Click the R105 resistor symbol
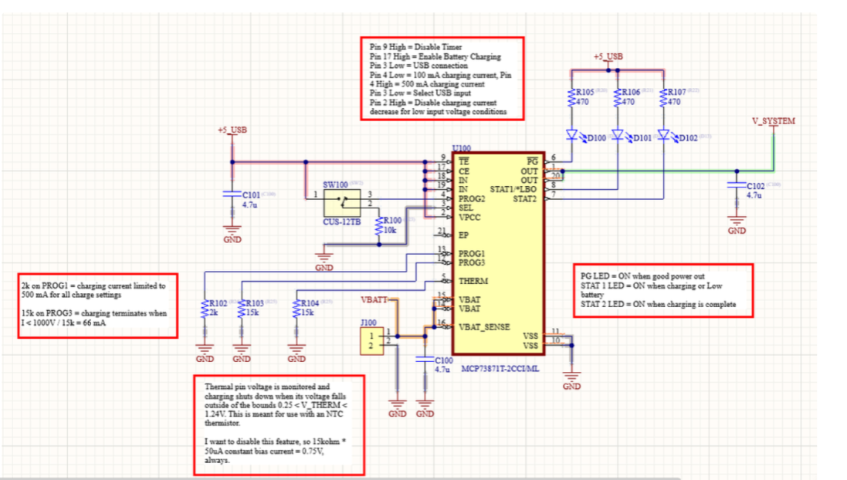(572, 97)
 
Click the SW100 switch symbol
(340, 202)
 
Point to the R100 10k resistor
(380, 225)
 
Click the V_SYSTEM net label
(773, 121)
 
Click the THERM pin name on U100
(473, 282)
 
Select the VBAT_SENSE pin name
(484, 326)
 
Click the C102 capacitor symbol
(737, 185)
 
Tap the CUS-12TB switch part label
(342, 221)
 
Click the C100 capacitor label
(443, 360)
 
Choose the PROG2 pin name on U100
(473, 198)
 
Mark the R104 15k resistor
(297, 309)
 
